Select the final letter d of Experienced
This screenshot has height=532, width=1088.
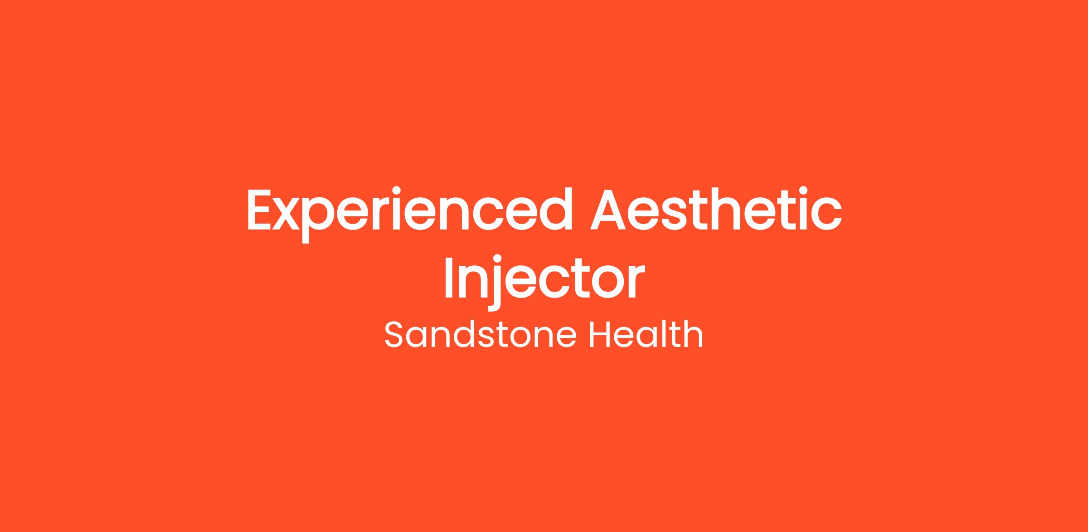[556, 209]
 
